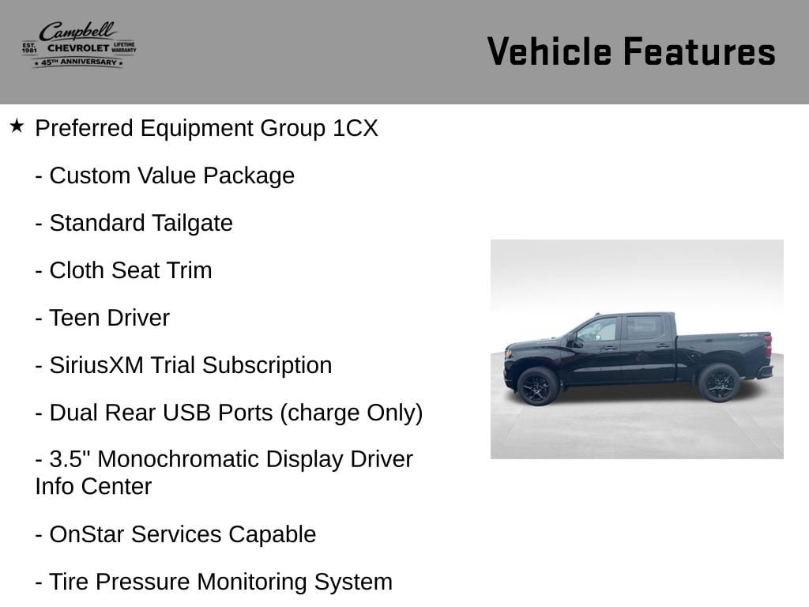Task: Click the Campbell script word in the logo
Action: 78,32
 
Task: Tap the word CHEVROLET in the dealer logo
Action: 78,48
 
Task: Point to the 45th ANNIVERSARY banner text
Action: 78,62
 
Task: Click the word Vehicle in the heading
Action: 548,51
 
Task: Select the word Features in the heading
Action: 700,51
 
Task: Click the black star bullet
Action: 17,126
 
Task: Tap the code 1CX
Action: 356,128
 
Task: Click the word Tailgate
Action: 193,224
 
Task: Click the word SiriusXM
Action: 96,365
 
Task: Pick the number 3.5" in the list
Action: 70,459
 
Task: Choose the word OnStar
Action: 87,534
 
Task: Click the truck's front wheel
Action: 537,386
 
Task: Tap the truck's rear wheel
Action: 719,383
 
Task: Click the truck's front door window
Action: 599,330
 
